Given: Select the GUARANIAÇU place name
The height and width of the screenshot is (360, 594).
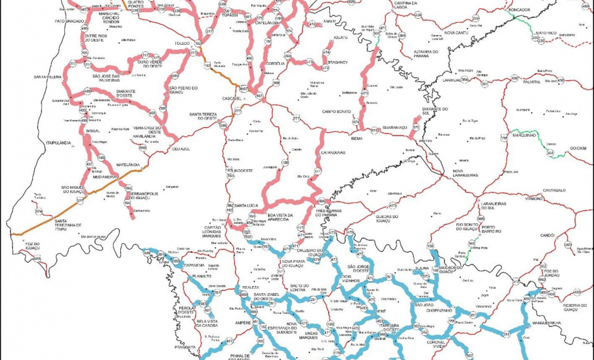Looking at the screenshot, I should point(395,128).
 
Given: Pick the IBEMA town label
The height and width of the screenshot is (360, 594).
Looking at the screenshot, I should point(355,138).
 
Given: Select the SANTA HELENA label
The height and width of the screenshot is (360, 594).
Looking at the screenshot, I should point(48,77).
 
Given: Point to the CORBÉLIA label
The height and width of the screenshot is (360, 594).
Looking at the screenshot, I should point(276,64).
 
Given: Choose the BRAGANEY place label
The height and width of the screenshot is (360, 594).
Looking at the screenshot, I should point(338,62).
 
